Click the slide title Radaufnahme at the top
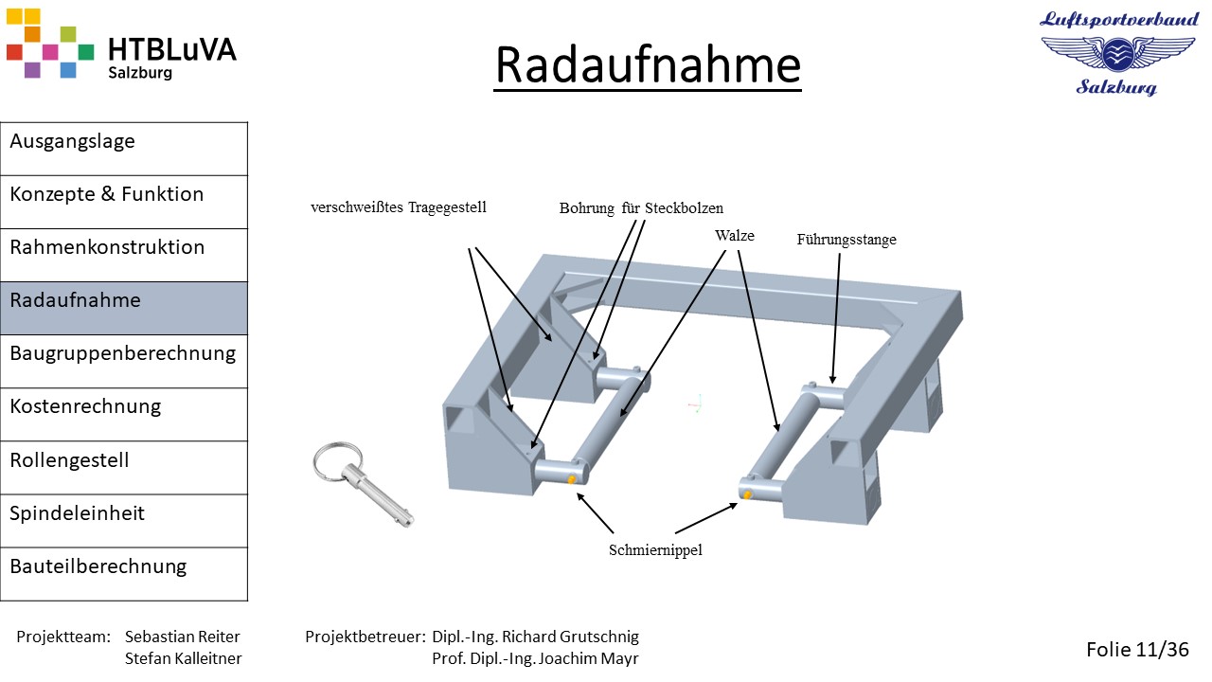coord(648,65)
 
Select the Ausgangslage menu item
coord(72,141)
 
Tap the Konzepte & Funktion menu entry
coord(107,194)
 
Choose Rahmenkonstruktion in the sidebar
coord(107,247)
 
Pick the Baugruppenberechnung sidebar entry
coord(123,353)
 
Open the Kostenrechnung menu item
coord(85,406)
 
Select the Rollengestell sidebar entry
coord(69,460)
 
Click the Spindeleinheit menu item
coord(77,513)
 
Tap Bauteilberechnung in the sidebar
coord(98,566)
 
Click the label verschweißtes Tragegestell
coord(399,207)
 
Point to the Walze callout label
coord(734,236)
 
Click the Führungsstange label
coord(847,240)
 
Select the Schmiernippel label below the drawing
coord(655,550)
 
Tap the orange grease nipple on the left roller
coord(571,479)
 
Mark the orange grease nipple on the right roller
coord(747,494)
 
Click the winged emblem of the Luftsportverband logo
coord(1118,53)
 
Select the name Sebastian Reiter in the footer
coord(183,637)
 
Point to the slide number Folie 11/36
coord(1137,649)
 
